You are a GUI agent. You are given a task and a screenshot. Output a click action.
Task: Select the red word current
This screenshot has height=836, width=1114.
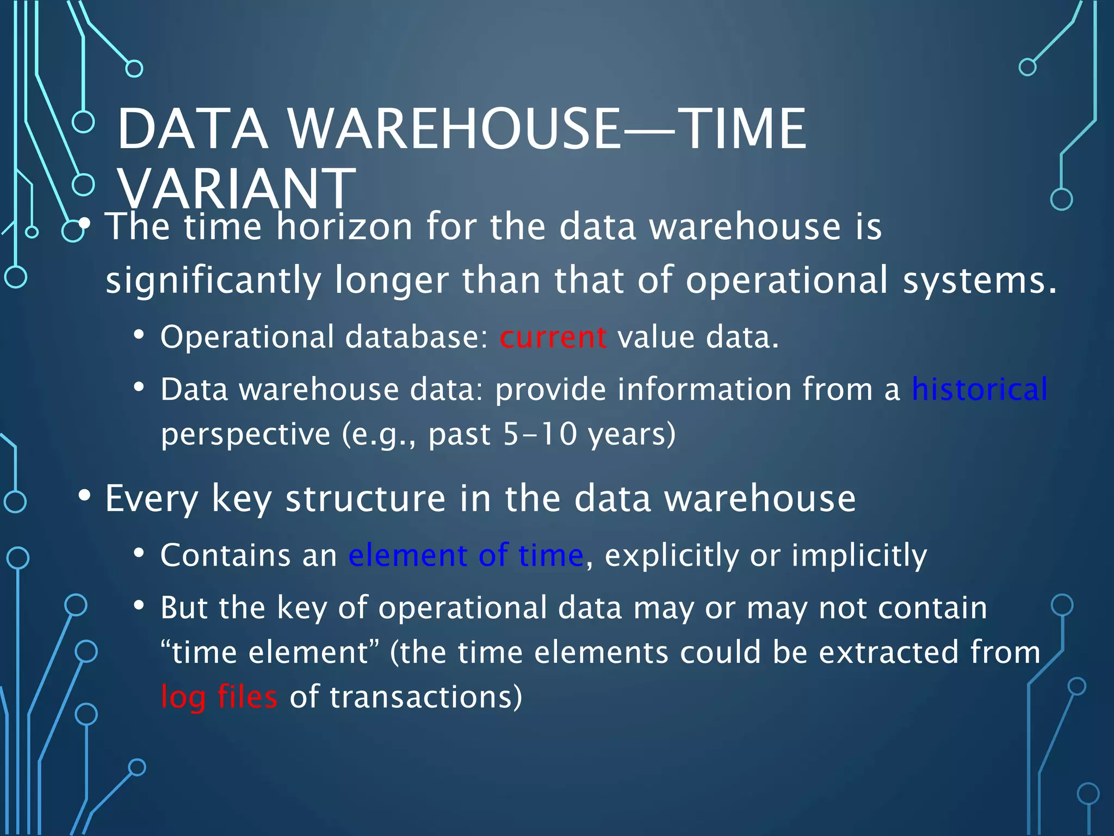click(x=553, y=337)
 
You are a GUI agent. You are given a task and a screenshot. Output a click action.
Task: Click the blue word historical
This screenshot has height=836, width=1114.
click(x=979, y=389)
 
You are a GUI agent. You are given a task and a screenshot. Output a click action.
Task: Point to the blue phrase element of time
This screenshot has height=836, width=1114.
click(x=466, y=555)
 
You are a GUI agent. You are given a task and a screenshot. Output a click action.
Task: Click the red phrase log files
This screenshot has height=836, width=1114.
click(x=219, y=697)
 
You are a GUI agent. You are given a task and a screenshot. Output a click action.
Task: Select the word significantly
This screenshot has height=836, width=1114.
click(x=213, y=281)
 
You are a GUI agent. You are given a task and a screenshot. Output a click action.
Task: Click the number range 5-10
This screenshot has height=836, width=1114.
click(x=540, y=434)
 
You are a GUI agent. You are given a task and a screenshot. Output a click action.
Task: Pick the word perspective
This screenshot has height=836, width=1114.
click(x=245, y=435)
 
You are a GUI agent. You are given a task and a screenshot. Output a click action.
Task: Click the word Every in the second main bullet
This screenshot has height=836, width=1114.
click(x=152, y=499)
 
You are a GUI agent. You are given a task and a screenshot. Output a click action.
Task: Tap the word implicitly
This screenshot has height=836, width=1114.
click(x=859, y=556)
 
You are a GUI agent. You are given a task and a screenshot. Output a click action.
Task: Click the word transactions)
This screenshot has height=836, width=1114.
click(x=425, y=697)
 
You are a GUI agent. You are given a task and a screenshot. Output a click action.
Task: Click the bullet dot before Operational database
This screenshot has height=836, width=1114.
click(x=139, y=335)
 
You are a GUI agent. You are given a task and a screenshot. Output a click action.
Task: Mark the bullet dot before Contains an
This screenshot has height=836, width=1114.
click(x=139, y=554)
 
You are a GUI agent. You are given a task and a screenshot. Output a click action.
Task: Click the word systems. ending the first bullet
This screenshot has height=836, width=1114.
click(x=979, y=281)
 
